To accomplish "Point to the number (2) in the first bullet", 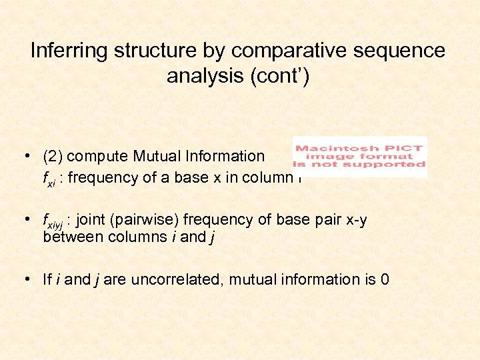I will tap(53, 156).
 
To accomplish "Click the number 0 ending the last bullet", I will tap(384, 279).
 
